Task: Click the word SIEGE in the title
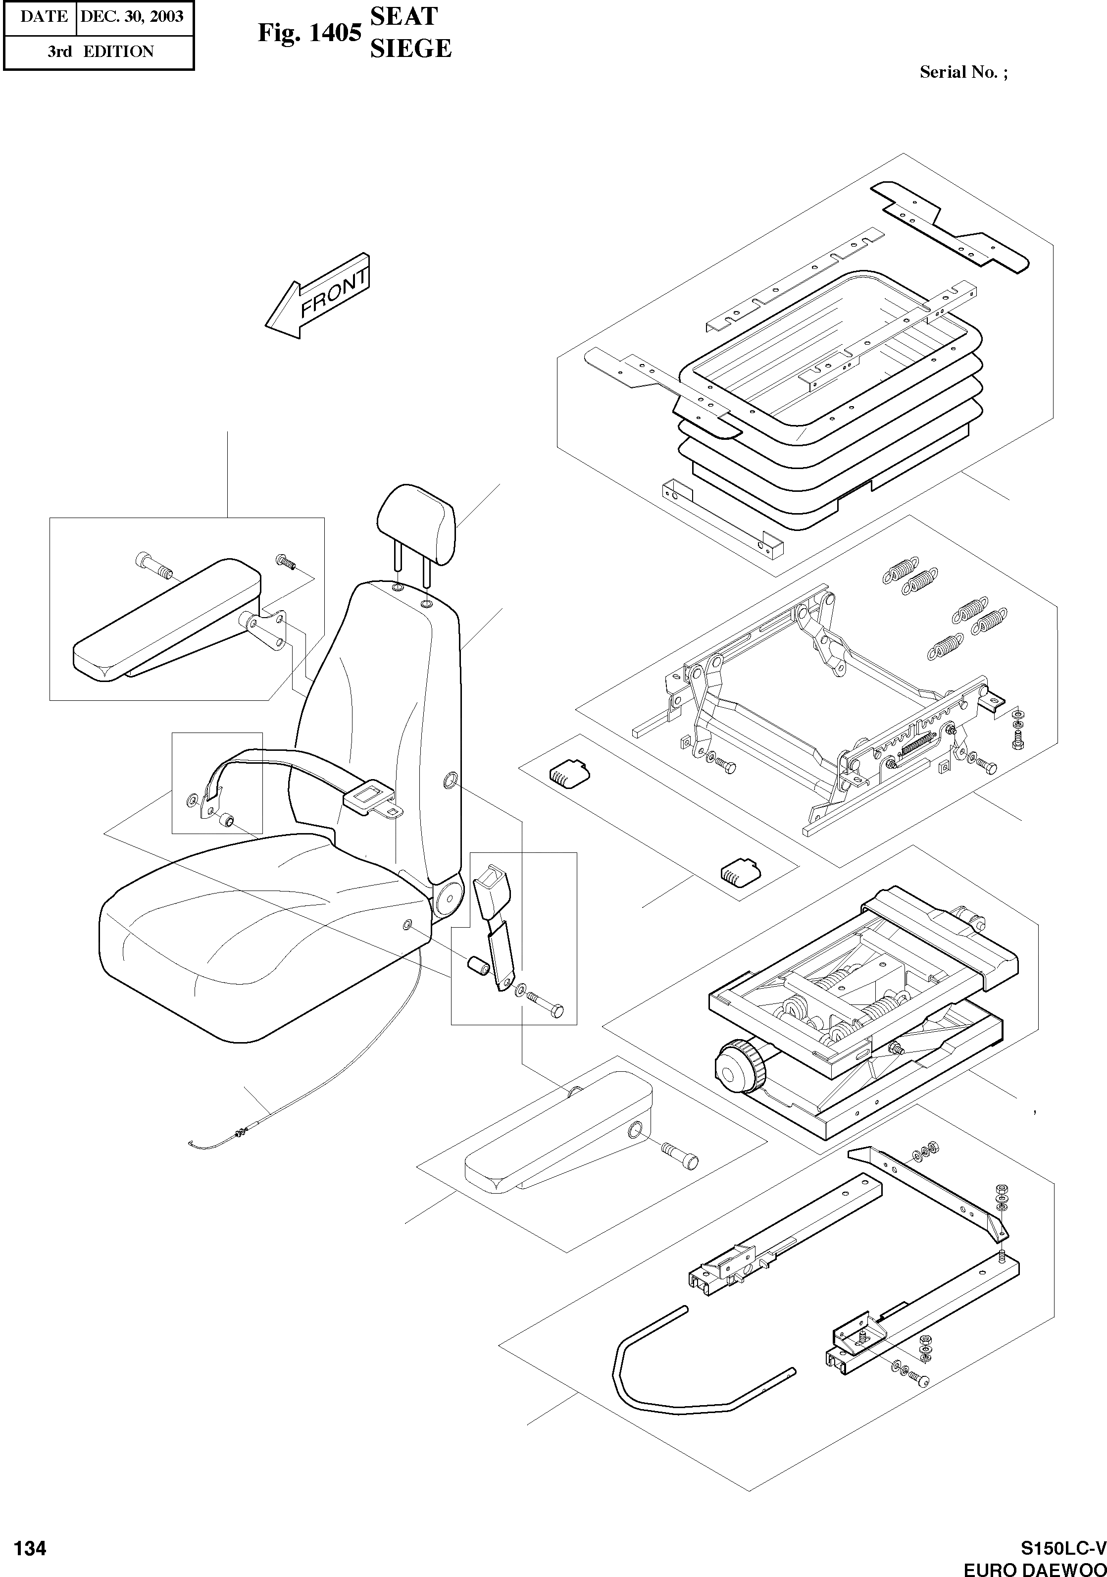click(410, 48)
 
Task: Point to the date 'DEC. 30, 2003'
click(132, 16)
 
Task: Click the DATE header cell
click(43, 16)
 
